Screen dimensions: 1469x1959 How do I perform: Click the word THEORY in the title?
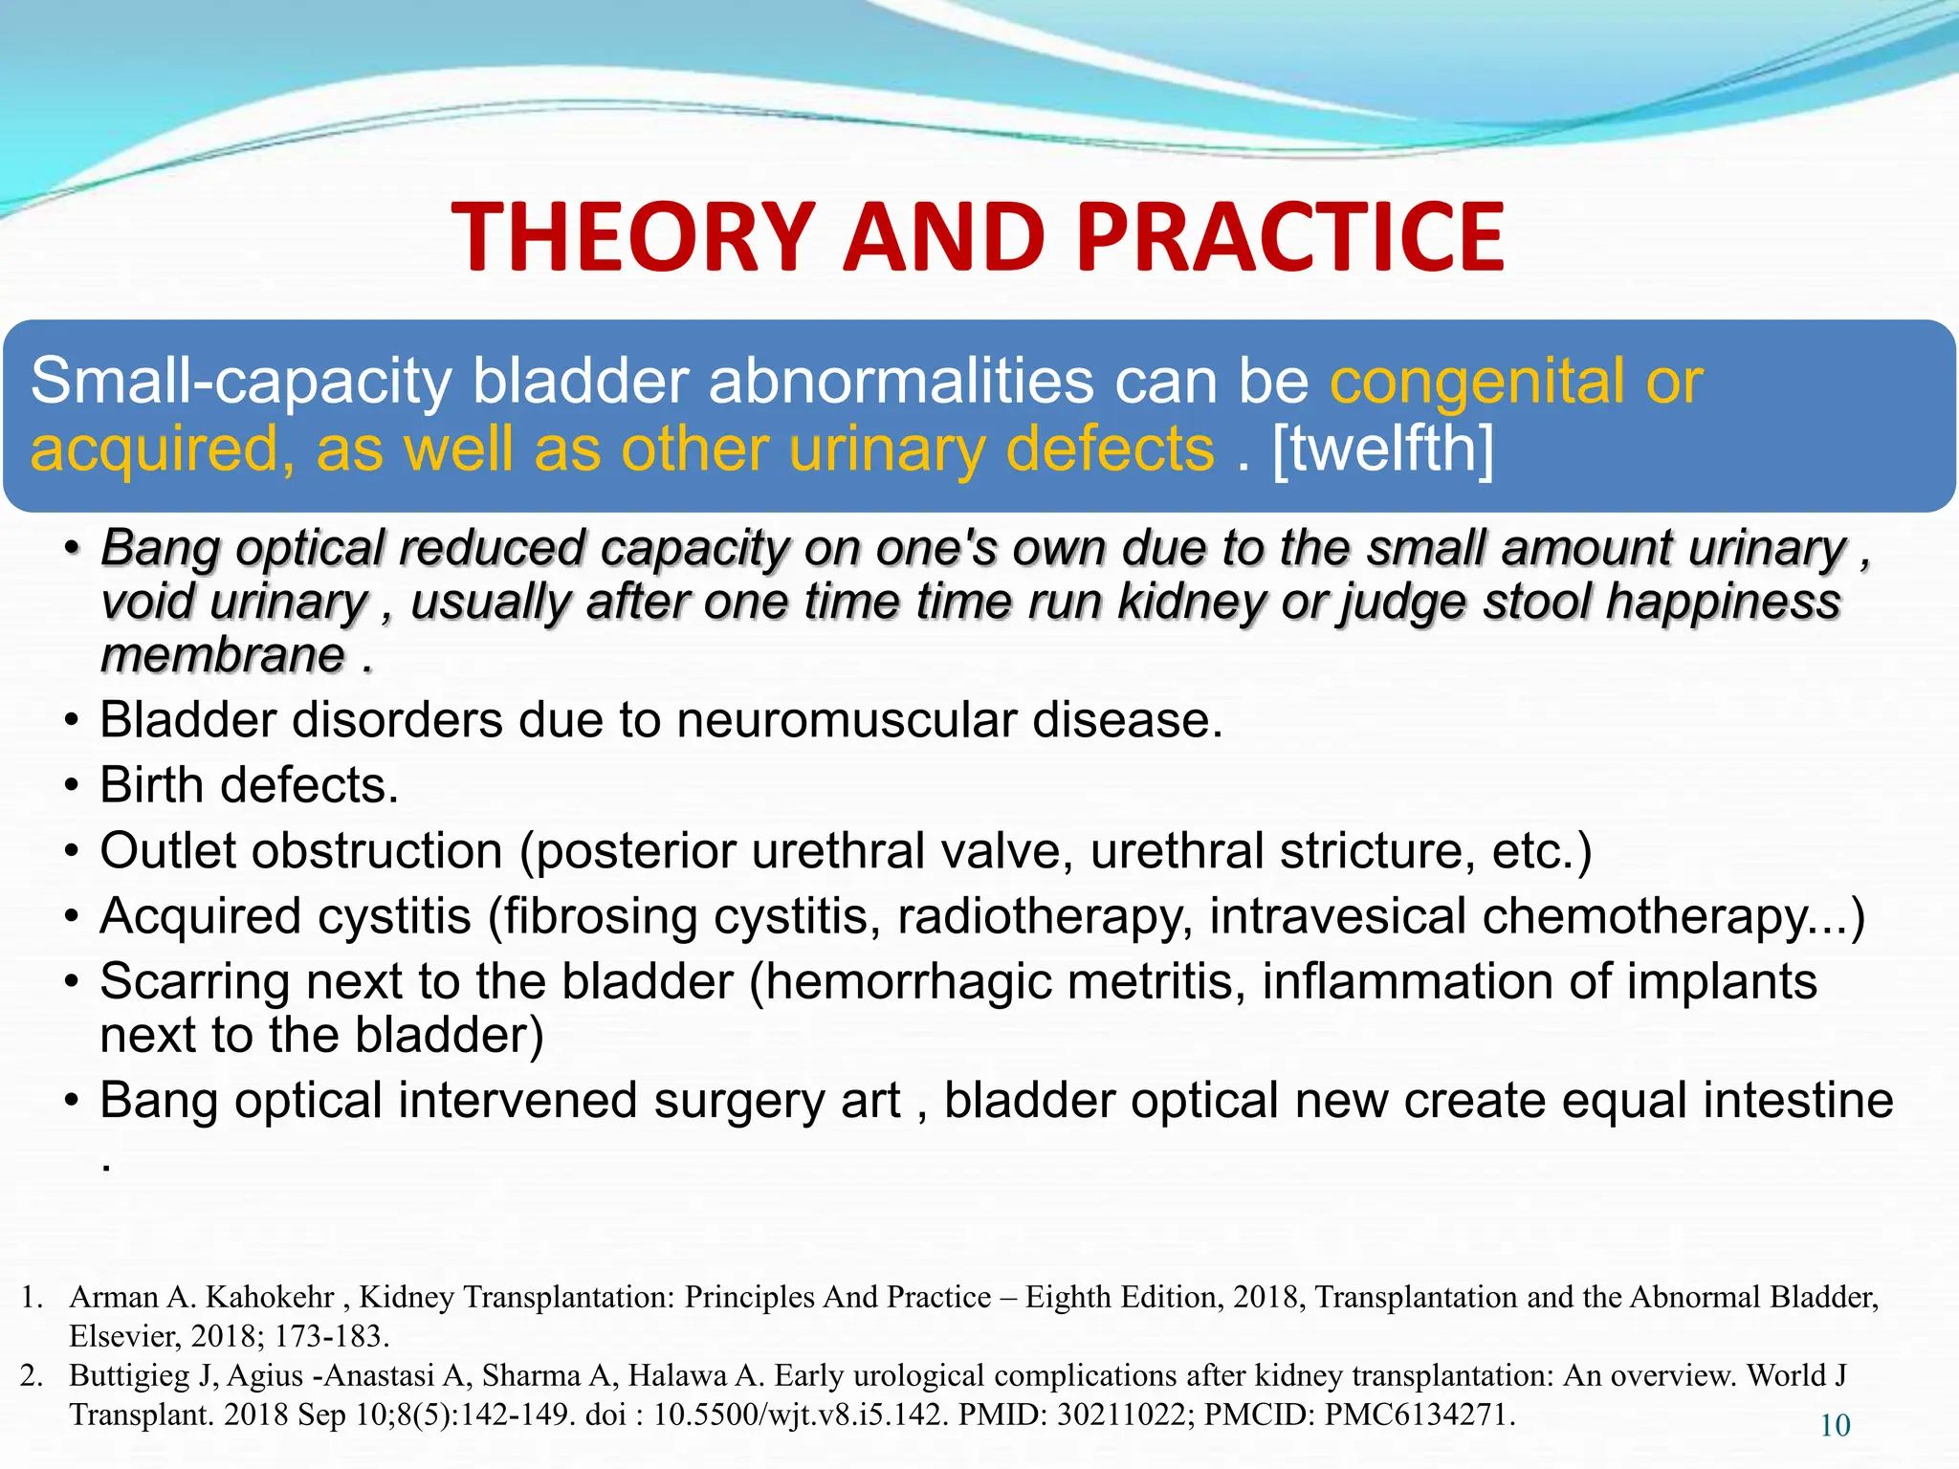632,237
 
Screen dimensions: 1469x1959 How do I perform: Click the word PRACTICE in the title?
1290,237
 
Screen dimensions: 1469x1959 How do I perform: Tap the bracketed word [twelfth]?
1382,449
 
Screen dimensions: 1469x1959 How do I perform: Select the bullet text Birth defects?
249,785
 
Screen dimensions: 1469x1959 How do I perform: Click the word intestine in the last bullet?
1798,1100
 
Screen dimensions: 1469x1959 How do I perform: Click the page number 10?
1834,1426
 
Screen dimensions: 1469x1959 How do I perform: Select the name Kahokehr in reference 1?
270,1297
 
